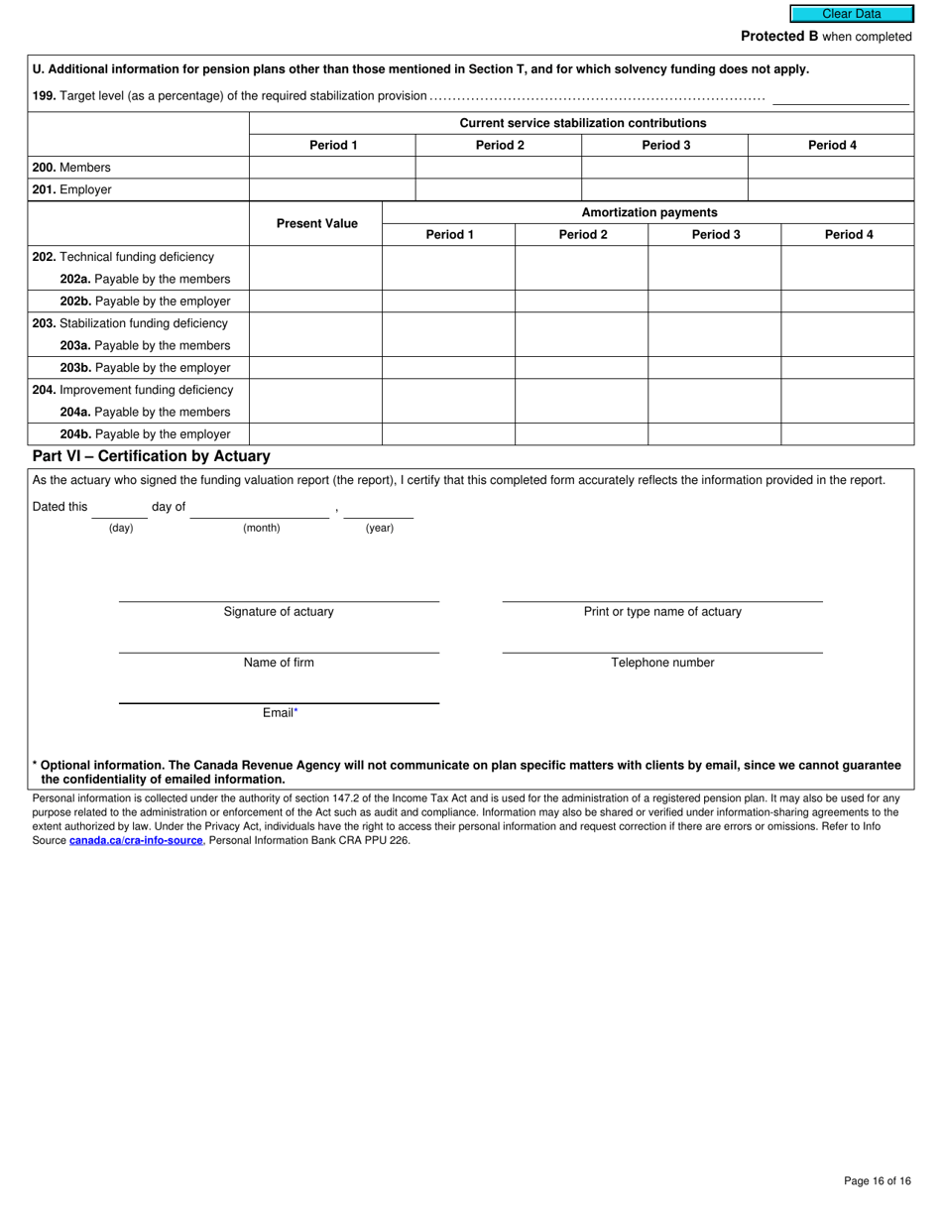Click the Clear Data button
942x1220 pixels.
click(x=851, y=14)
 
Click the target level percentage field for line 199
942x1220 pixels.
click(x=840, y=96)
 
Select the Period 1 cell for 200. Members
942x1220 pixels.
click(x=332, y=168)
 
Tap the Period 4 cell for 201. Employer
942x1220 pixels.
click(x=831, y=189)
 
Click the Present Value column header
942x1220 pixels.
click(x=316, y=224)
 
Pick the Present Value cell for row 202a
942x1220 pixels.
click(x=316, y=279)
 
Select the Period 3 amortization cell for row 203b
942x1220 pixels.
click(x=714, y=368)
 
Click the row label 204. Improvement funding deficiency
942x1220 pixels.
click(x=133, y=390)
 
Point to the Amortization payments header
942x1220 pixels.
click(x=648, y=212)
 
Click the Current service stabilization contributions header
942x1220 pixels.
click(x=582, y=123)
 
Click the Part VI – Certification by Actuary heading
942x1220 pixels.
click(x=151, y=456)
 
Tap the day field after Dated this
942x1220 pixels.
click(x=119, y=508)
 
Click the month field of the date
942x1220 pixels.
click(x=260, y=508)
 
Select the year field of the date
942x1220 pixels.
click(x=379, y=508)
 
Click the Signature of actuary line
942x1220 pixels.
click(x=279, y=590)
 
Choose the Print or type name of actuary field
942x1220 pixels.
click(x=661, y=590)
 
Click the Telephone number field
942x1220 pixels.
click(x=661, y=642)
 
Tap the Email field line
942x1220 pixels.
click(x=279, y=692)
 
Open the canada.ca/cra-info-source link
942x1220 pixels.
click(x=136, y=840)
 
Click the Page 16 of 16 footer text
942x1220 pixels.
click(x=878, y=1180)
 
